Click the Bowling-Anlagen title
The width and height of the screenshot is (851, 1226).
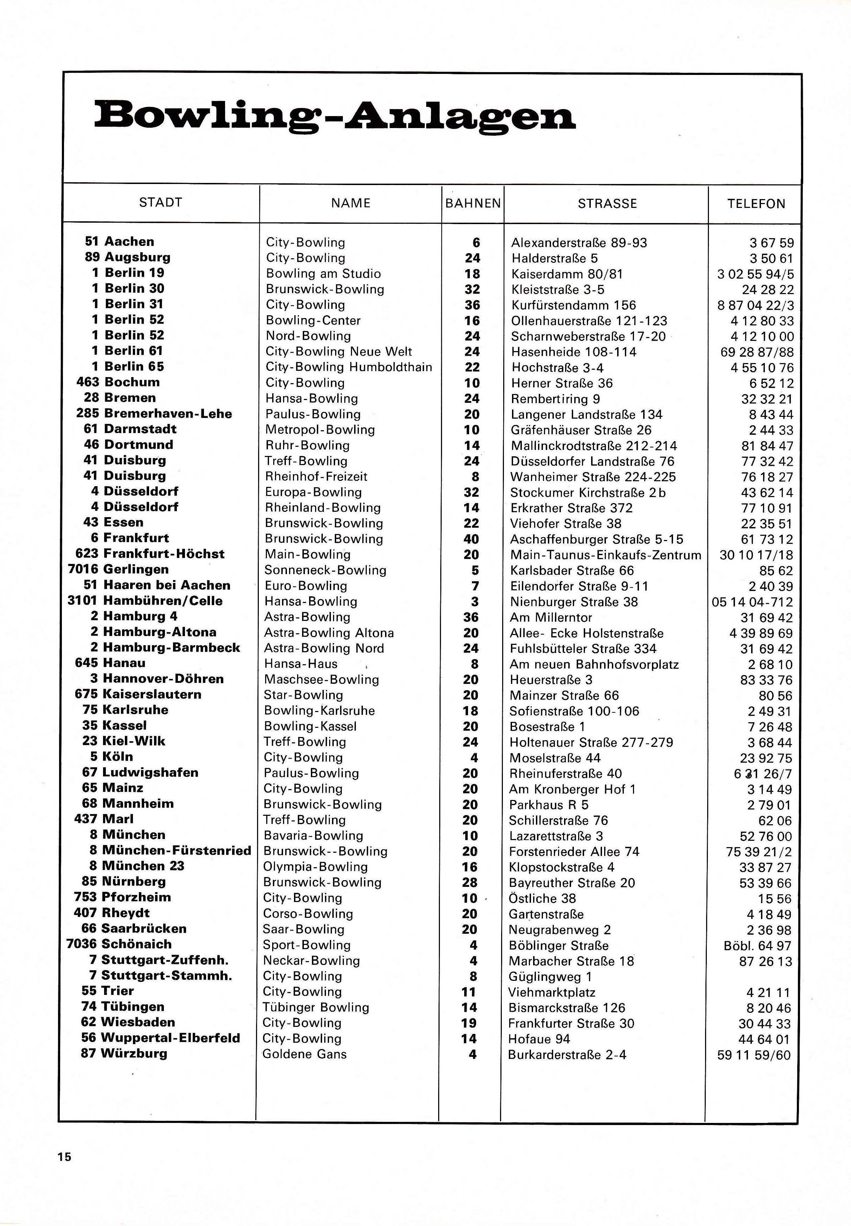pos(335,116)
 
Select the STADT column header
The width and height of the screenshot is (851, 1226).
pos(160,203)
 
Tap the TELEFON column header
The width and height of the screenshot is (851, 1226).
pos(756,204)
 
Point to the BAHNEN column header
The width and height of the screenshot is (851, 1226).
pos(473,203)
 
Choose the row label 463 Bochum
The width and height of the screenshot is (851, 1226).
pos(118,382)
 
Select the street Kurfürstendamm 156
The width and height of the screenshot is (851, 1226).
pos(573,305)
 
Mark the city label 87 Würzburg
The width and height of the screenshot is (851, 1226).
pos(124,1053)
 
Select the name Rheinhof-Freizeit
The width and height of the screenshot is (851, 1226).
pos(316,476)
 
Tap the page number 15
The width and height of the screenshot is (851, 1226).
pos(64,1157)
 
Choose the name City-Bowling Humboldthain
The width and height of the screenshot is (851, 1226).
pos(349,367)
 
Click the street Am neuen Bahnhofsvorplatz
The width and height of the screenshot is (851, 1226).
pos(594,665)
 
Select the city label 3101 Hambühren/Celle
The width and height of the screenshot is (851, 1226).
pos(145,601)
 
